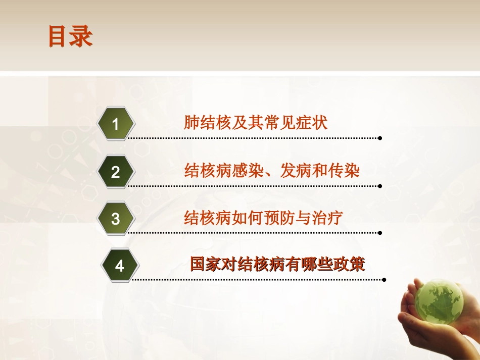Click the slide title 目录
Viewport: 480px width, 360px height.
70,37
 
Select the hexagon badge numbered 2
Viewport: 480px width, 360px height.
116,172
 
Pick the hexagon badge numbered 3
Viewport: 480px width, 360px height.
116,219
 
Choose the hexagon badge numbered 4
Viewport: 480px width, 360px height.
119,266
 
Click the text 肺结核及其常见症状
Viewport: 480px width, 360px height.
256,123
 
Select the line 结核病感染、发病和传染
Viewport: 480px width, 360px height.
272,171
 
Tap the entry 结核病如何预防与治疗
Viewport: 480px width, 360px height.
264,218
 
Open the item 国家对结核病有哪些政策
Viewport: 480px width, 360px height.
277,265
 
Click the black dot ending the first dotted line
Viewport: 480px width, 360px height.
380,138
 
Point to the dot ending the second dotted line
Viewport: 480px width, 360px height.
380,186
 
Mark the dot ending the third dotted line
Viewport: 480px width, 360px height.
380,233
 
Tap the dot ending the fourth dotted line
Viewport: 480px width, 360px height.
384,279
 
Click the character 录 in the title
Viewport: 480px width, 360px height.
81,37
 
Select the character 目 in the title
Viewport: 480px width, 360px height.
59,37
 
